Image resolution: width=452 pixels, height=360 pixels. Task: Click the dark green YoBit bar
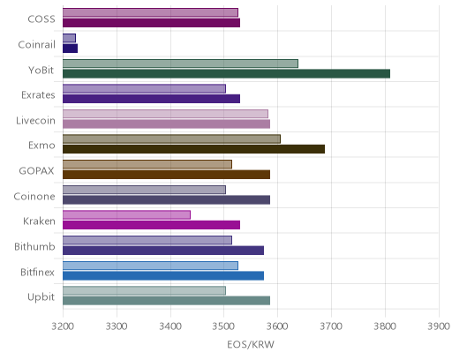coord(226,73)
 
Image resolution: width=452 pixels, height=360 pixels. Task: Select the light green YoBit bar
coord(180,64)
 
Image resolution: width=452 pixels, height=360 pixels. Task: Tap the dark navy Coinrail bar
coord(70,49)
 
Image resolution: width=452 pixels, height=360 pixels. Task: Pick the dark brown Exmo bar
coord(193,149)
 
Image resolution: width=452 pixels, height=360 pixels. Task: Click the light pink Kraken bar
coord(126,215)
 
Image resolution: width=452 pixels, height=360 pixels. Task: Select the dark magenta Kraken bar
coord(151,225)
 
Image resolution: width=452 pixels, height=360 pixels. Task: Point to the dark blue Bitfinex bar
coord(163,275)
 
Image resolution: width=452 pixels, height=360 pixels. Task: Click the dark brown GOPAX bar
coord(166,175)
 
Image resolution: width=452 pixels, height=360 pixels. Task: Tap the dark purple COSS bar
coord(151,23)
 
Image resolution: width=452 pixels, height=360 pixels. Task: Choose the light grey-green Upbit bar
coord(144,290)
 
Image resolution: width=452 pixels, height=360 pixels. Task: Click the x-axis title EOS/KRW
coord(251,344)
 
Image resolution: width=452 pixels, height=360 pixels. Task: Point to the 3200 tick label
coord(63,326)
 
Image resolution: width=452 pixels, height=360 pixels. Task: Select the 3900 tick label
coord(439,326)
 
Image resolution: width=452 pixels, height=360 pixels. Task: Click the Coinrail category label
coord(36,45)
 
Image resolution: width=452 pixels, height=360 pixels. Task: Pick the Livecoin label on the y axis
coord(35,121)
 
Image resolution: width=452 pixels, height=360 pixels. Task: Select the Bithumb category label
coord(34,246)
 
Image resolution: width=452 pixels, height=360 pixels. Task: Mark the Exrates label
coord(38,95)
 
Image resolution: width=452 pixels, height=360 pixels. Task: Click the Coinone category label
coord(34,196)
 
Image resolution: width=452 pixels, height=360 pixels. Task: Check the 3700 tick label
coord(331,326)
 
